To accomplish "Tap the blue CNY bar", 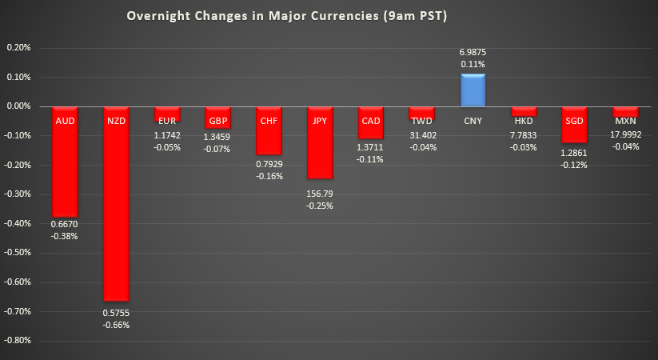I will click(x=473, y=90).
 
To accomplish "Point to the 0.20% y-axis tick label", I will click(x=18, y=48).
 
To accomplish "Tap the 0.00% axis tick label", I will click(x=18, y=106).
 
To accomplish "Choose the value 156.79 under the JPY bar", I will click(x=320, y=193).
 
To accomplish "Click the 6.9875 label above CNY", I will click(x=473, y=52).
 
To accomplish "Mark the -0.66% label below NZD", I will click(x=116, y=325).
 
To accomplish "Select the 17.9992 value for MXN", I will click(x=625, y=134).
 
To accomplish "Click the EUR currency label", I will click(x=167, y=121).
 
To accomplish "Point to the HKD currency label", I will click(x=524, y=121).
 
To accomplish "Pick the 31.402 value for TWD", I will click(x=421, y=134).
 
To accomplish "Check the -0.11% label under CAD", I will click(x=370, y=158).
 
